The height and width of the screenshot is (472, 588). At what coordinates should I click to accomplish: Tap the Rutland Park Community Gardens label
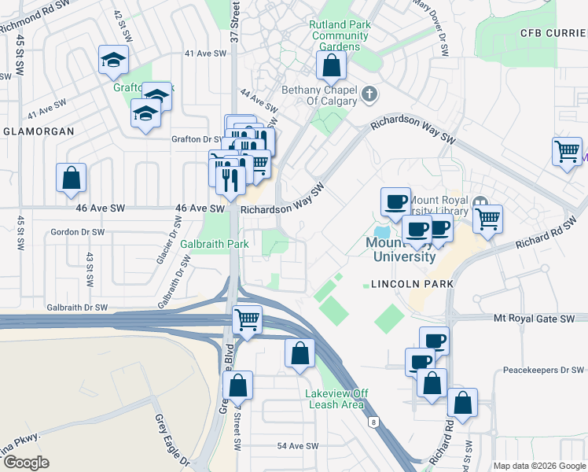(340, 35)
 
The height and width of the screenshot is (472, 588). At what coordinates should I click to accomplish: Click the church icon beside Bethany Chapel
(370, 95)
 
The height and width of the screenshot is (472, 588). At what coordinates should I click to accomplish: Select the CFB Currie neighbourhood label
(553, 32)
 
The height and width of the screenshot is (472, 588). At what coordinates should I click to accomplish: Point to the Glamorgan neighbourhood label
(38, 131)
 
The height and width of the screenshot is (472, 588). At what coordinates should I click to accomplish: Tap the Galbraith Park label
(214, 244)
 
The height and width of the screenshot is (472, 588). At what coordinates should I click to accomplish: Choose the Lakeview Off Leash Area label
(336, 399)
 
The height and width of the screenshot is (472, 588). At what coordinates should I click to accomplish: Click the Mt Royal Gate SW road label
(540, 318)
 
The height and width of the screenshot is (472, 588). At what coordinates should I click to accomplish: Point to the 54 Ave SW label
(297, 446)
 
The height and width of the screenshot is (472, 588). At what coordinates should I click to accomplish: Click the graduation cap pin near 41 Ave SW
(113, 60)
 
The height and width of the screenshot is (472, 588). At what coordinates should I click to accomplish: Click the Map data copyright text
(539, 465)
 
